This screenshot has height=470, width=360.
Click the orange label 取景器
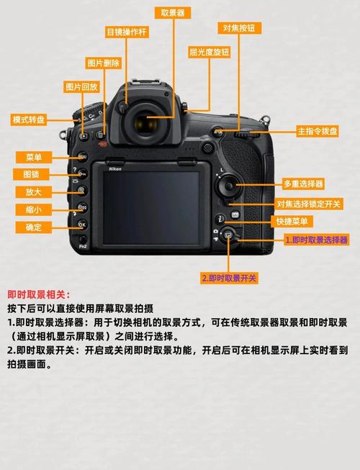click(173, 12)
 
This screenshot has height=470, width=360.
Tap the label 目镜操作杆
click(127, 32)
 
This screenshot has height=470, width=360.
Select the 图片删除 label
click(104, 63)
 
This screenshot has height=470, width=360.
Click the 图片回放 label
click(81, 87)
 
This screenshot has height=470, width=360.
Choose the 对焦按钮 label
click(239, 27)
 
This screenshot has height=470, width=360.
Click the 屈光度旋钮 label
click(210, 52)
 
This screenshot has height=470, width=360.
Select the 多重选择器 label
click(303, 184)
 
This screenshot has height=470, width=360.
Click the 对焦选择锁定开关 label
click(310, 204)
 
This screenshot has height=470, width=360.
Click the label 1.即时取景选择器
click(316, 240)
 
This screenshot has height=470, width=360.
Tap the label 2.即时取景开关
click(229, 278)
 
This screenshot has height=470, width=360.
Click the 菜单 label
click(33, 157)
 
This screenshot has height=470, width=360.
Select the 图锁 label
click(32, 174)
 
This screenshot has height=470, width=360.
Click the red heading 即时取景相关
click(40, 294)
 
